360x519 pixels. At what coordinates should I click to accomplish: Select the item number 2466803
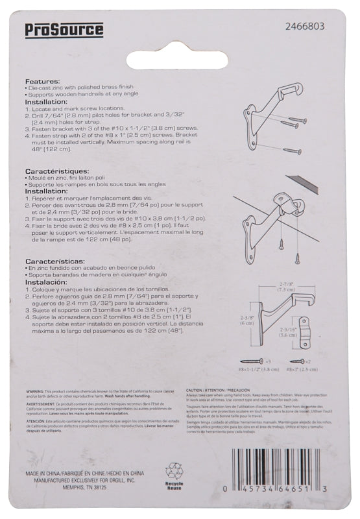click(306, 27)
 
